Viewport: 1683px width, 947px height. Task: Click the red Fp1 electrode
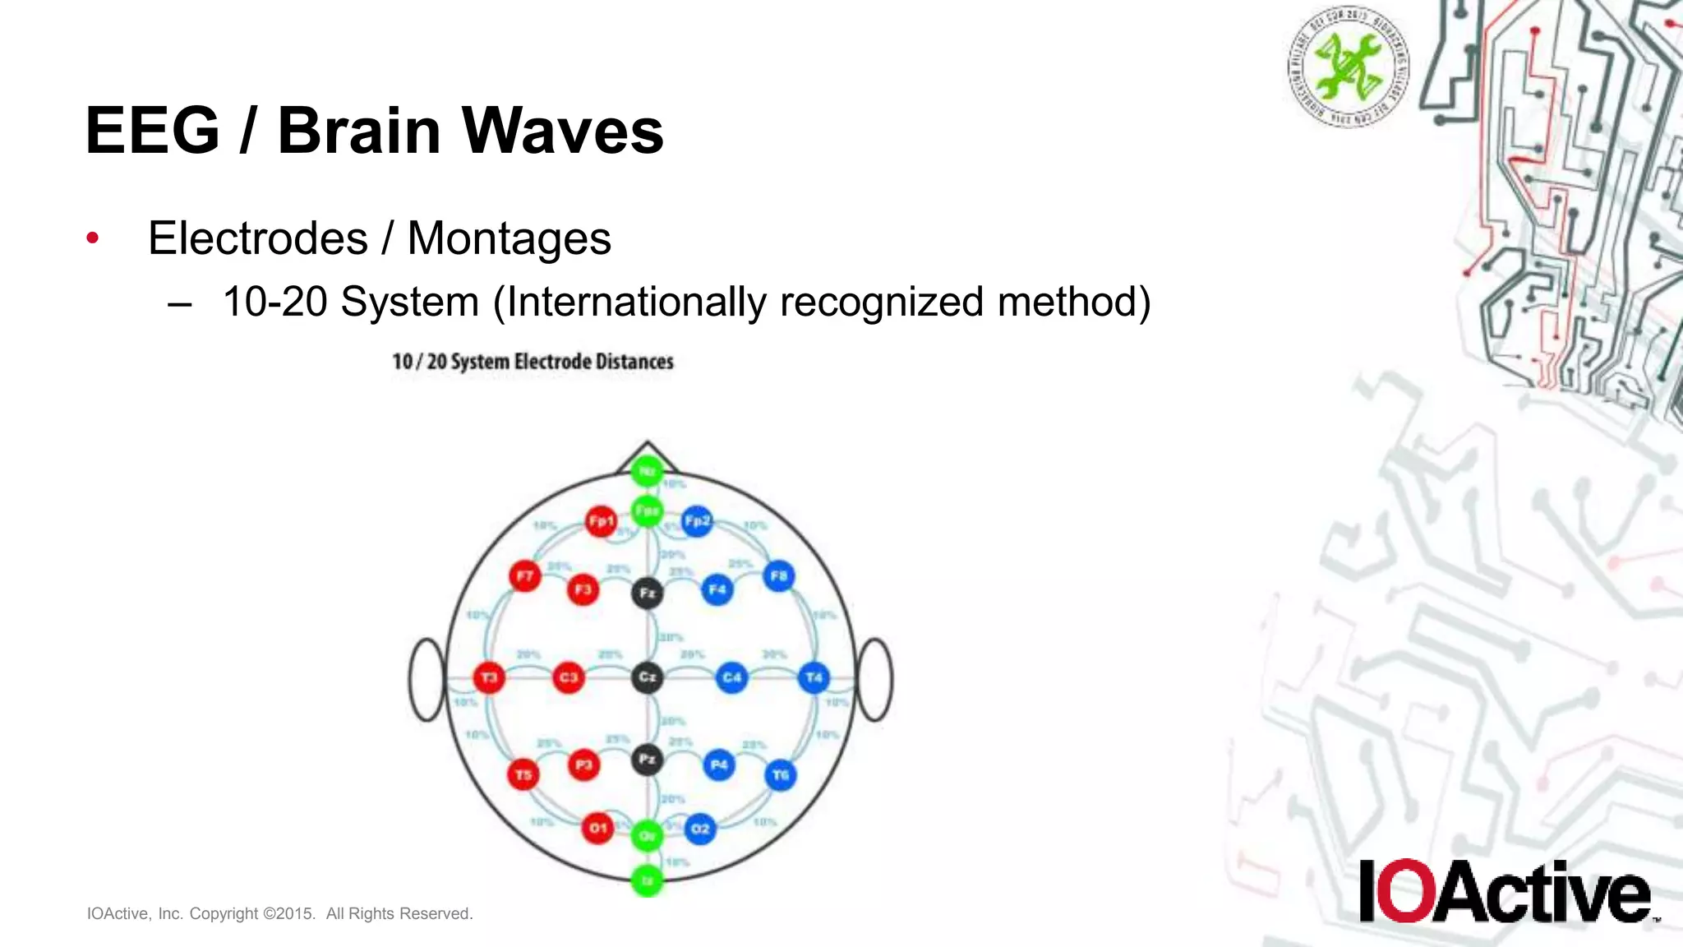click(601, 521)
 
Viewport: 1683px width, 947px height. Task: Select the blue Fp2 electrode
click(697, 521)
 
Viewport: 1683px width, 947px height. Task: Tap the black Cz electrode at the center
click(648, 677)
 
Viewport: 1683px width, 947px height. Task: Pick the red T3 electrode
click(489, 677)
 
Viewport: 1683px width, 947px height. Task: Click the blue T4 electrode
click(814, 677)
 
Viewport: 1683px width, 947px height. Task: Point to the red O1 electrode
click(597, 828)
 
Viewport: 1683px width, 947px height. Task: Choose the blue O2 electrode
click(700, 829)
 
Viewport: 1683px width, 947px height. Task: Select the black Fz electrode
click(648, 593)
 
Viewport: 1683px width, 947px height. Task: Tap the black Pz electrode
click(648, 759)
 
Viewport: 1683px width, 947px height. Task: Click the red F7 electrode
click(524, 576)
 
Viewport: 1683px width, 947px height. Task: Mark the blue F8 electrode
click(778, 576)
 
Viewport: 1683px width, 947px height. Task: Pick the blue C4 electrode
click(731, 677)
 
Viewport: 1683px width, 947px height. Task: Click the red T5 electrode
click(523, 774)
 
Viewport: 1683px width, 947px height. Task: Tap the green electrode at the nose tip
click(648, 471)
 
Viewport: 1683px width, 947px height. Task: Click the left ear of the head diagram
click(427, 680)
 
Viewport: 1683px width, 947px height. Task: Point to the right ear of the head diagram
click(874, 680)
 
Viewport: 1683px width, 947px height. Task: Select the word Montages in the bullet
click(509, 238)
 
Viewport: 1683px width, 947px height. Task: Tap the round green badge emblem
click(1348, 66)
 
